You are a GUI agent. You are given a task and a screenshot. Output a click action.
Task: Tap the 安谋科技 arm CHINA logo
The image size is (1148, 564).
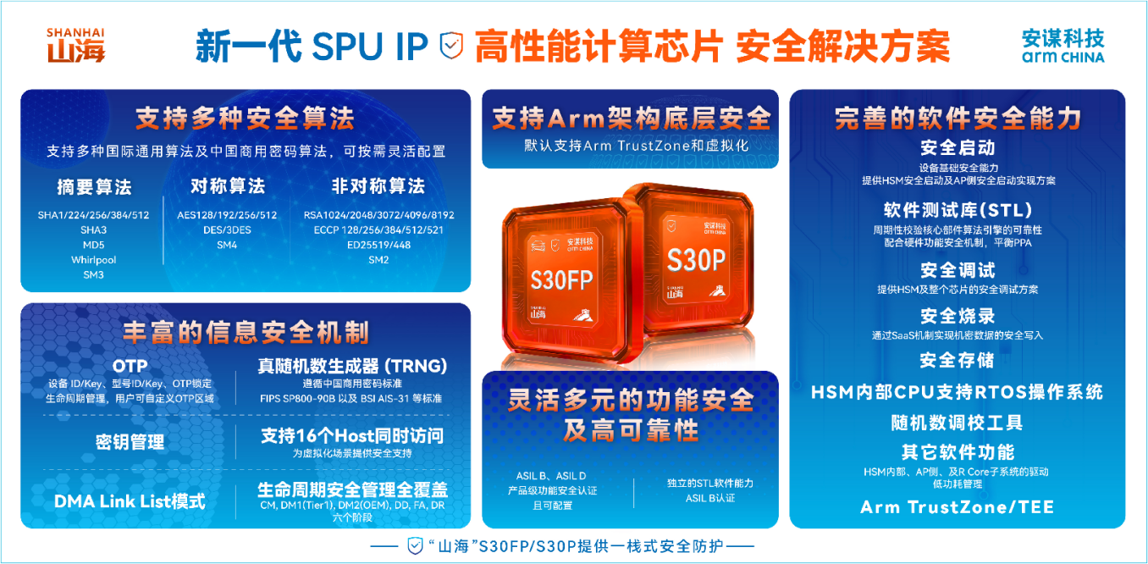click(x=1062, y=47)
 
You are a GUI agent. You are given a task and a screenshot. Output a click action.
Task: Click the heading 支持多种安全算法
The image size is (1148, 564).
click(x=245, y=118)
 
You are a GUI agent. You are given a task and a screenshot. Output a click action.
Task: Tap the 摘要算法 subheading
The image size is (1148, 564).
click(x=94, y=187)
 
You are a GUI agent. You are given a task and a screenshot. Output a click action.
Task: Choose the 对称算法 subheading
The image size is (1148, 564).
click(x=227, y=185)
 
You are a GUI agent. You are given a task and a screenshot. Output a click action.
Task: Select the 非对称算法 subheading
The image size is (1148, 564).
click(x=378, y=186)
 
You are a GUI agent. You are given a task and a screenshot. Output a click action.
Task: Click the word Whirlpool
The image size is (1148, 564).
click(x=93, y=260)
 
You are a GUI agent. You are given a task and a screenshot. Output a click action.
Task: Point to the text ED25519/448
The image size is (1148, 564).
click(x=378, y=245)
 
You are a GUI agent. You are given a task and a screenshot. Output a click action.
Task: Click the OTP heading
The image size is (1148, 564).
click(x=130, y=366)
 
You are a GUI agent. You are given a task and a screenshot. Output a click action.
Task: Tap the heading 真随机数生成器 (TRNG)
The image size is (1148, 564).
click(x=352, y=366)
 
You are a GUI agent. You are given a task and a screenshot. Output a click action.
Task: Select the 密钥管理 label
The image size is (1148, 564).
click(x=130, y=442)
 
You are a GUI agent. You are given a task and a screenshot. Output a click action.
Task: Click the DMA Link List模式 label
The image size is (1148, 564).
click(x=130, y=500)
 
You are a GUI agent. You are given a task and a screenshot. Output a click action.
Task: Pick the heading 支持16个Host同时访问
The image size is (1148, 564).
click(x=352, y=436)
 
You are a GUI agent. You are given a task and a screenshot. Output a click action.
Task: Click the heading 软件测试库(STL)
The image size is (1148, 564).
click(x=958, y=210)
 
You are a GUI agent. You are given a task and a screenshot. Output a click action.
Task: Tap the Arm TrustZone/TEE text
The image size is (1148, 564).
click(x=958, y=507)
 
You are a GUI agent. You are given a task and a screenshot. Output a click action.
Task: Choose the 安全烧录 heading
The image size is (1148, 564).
click(x=958, y=316)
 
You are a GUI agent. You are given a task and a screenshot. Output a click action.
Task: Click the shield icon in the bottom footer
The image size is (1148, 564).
click(x=415, y=545)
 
